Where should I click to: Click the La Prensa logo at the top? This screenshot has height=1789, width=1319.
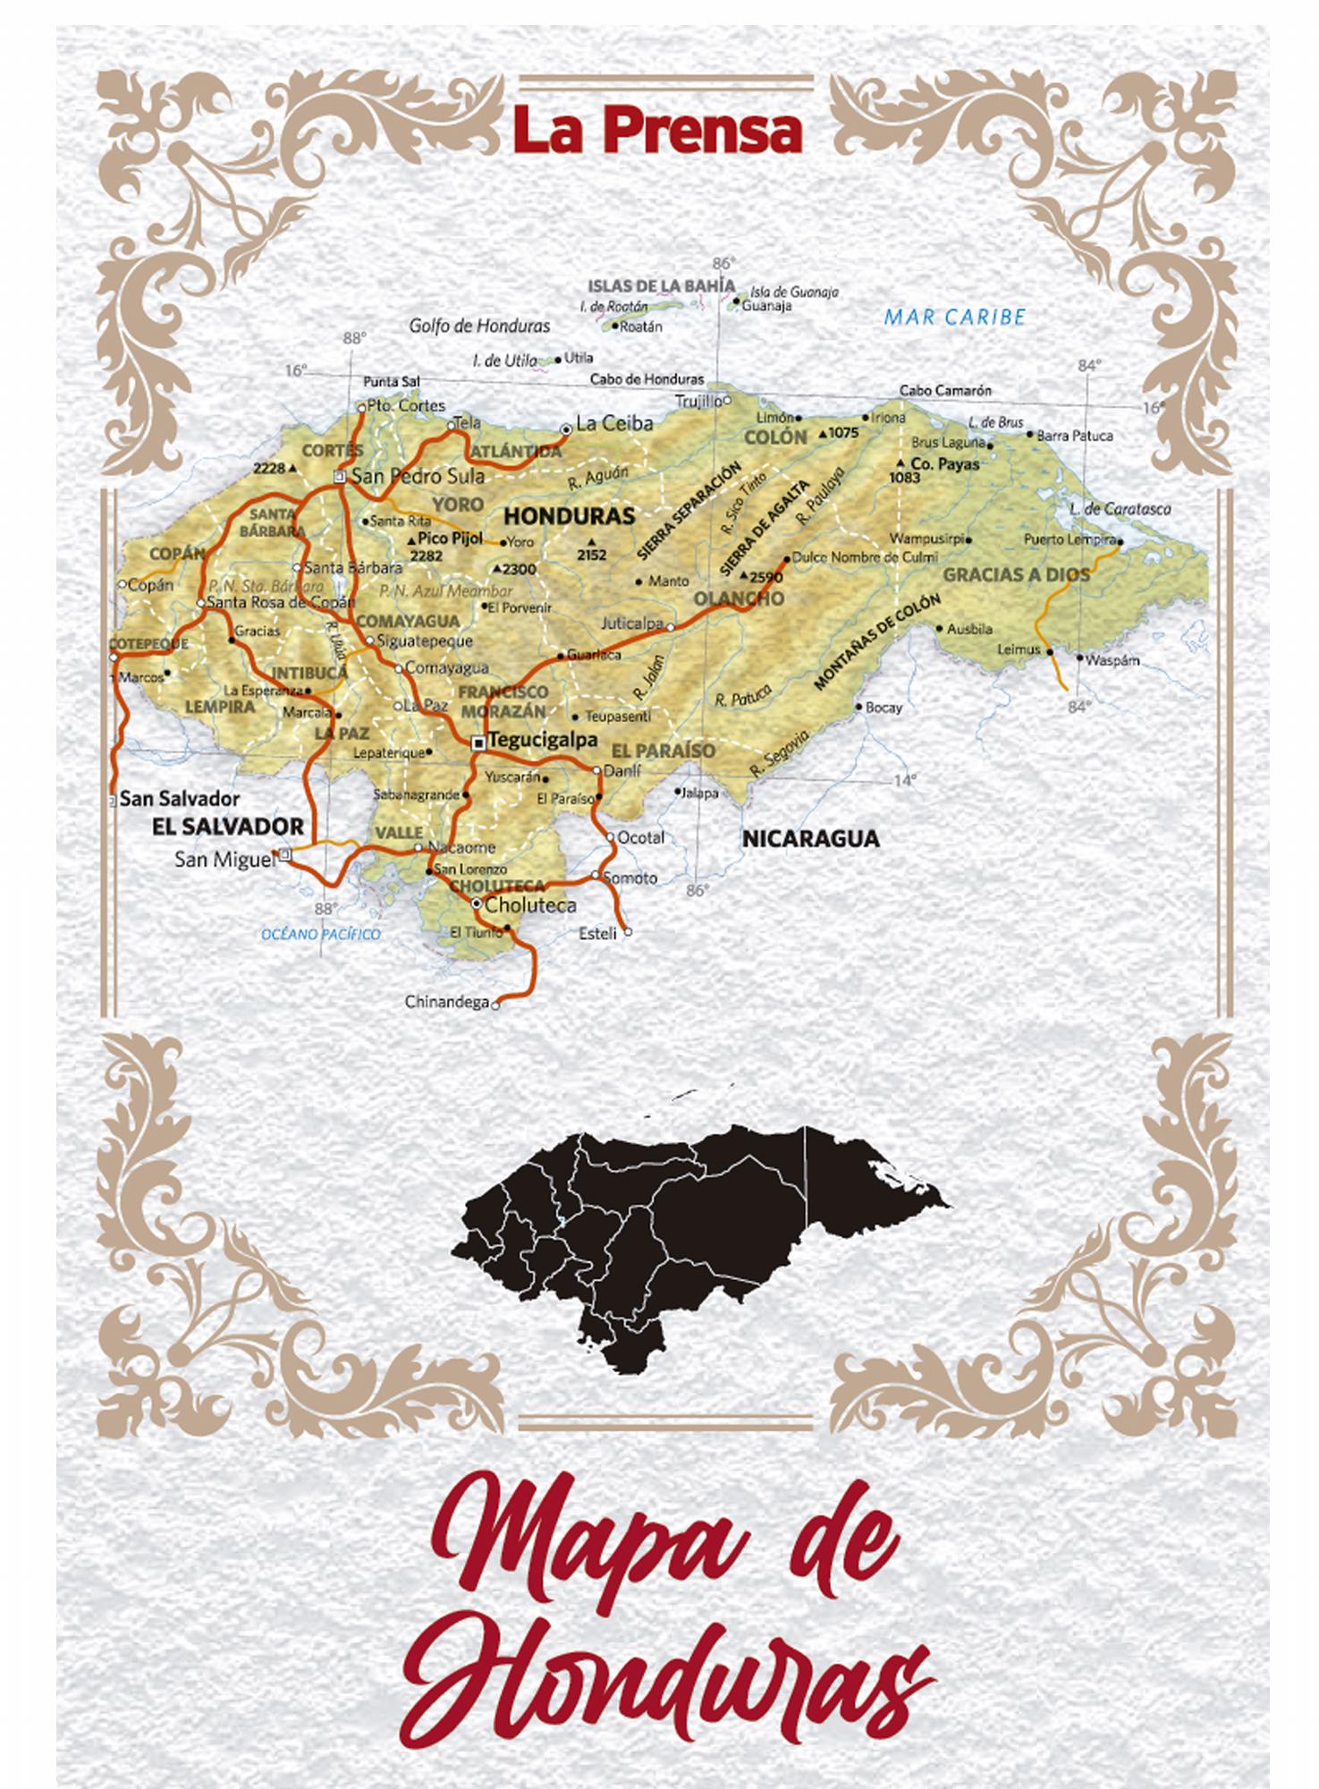coord(658,130)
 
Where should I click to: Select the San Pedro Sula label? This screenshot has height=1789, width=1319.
coord(418,476)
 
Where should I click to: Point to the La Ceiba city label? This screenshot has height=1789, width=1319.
coord(614,423)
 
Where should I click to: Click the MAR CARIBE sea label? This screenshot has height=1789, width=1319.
coord(954,317)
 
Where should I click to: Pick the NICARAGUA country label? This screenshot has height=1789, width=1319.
coord(810,839)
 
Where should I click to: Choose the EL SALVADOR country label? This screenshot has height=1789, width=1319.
coord(228,826)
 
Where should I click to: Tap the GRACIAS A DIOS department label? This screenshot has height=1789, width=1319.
coord(1017,574)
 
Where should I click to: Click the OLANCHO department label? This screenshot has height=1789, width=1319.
coord(739,598)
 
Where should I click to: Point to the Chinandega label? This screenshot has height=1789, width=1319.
coord(447,1002)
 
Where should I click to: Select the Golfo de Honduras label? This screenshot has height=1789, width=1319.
coord(479,326)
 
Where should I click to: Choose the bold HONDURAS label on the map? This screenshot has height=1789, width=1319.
coord(569,516)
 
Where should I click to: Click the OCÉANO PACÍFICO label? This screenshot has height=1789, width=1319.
coord(320,935)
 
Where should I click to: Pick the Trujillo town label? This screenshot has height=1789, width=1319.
coord(698,401)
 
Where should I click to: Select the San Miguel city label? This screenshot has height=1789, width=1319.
coord(224,860)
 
